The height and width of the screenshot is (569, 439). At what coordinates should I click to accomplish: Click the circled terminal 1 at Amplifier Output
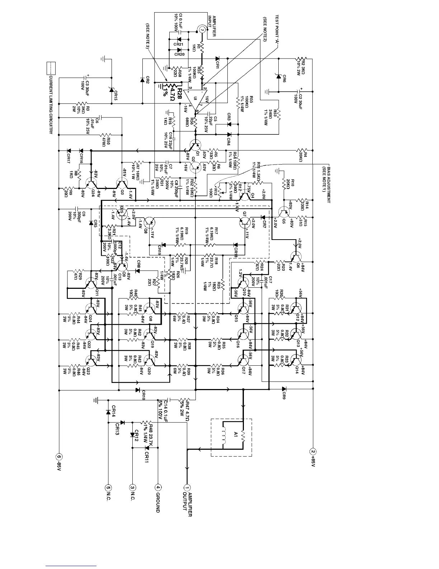[x=187, y=487]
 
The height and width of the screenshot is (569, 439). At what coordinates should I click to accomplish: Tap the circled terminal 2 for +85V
[x=313, y=452]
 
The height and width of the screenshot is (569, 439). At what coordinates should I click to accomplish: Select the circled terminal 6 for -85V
[x=59, y=457]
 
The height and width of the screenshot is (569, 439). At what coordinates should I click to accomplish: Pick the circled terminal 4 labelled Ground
[x=158, y=487]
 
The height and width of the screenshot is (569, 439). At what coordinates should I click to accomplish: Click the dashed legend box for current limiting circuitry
[x=51, y=67]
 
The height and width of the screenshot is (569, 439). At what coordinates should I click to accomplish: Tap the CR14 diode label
[x=113, y=410]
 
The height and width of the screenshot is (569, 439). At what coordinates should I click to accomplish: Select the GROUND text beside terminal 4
[x=158, y=502]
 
